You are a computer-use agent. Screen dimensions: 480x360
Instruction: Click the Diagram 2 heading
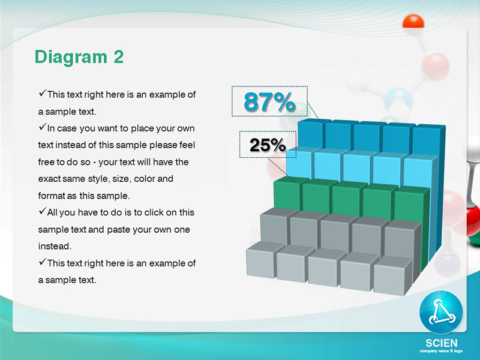pos(79,57)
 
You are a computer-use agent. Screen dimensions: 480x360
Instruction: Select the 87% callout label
pos(269,101)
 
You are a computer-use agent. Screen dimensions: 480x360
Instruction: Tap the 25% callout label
pos(268,145)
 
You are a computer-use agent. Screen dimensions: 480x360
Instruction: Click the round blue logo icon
pos(441,312)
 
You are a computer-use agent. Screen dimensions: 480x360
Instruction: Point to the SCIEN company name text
pos(442,343)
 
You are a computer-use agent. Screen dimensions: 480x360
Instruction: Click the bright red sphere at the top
pos(413,22)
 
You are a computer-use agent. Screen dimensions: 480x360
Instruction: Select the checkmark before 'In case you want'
pos(42,127)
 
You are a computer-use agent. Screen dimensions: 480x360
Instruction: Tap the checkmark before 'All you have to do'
pos(42,211)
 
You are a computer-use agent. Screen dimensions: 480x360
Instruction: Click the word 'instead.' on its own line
pos(55,246)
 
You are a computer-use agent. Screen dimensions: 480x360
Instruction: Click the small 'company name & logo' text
pos(441,351)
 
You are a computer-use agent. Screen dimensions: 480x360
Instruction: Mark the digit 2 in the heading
pos(118,57)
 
